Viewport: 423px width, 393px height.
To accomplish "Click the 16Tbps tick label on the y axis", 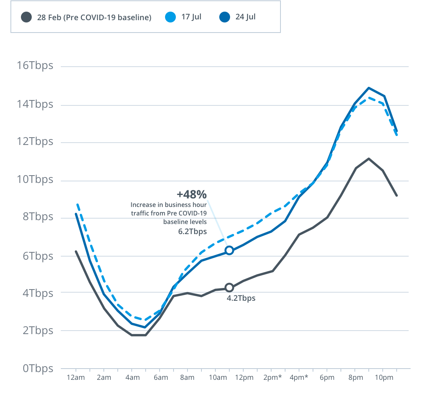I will pos(35,65).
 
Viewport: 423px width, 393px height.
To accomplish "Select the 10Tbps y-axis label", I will pos(35,179).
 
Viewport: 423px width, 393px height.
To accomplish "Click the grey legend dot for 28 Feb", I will pos(26,17).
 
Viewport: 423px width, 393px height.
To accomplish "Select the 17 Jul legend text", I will pos(191,17).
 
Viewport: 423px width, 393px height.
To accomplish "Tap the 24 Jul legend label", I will pos(246,17).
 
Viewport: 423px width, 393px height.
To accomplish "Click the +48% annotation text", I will pos(192,194).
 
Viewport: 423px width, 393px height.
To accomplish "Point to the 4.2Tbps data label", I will pos(241,298).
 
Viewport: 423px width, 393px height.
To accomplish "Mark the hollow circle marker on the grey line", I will pos(229,288).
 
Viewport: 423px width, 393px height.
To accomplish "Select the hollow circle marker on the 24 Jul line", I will pos(229,250).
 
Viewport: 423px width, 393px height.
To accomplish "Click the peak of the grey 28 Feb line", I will pos(368,158).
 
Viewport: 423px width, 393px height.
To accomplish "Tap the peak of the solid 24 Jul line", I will pos(368,88).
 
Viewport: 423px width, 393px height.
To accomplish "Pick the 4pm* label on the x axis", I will pos(299,378).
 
